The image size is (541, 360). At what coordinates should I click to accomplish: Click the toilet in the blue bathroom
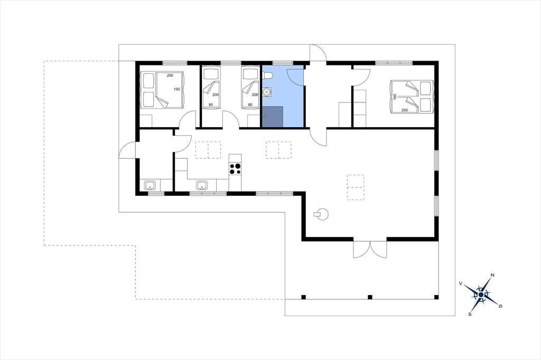tap(268, 75)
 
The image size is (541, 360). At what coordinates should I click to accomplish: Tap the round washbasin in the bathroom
tap(267, 92)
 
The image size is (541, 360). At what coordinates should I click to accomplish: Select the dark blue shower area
tap(273, 117)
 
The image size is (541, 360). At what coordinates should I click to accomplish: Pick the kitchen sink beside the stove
tap(202, 185)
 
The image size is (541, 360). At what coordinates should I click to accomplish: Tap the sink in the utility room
tap(150, 185)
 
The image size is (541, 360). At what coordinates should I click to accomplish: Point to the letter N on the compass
tap(493, 275)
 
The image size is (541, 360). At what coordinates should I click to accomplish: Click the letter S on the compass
tap(470, 314)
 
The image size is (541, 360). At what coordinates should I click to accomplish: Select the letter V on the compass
tap(461, 283)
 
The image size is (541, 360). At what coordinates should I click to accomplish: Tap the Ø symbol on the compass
tap(500, 306)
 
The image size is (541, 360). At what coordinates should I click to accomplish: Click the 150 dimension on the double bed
tap(176, 89)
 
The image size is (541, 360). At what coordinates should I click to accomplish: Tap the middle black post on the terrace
tap(370, 297)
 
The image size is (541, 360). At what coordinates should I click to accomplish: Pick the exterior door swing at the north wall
tap(318, 53)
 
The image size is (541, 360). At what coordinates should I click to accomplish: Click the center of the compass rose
tap(481, 295)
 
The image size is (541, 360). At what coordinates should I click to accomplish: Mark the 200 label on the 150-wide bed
tap(170, 75)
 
